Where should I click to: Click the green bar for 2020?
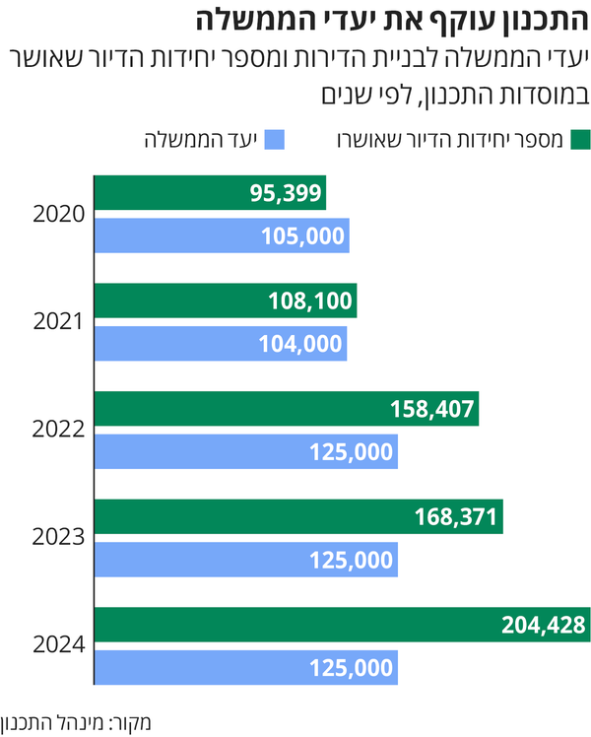coord(209,194)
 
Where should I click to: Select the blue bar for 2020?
coord(221,234)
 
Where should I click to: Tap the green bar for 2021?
coord(225,301)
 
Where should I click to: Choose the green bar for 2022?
coord(286,408)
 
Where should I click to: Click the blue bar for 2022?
coord(245,451)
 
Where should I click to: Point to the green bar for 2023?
coord(297,516)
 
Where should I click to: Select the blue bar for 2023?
coord(245,560)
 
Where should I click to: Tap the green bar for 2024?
coord(341,624)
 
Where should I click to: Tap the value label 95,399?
coord(286,194)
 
